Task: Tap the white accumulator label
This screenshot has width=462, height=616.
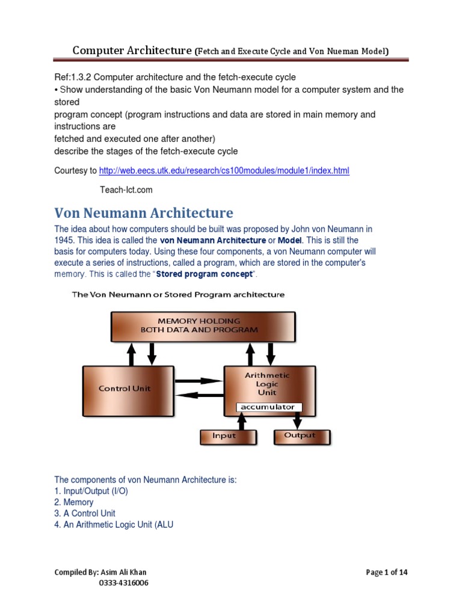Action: [268, 407]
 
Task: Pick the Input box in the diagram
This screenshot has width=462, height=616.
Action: [225, 436]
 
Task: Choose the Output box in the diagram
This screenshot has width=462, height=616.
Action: [300, 436]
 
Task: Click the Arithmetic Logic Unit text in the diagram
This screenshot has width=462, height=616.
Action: [267, 383]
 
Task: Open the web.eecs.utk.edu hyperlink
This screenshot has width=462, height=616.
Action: [224, 171]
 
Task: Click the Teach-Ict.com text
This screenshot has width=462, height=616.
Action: [126, 190]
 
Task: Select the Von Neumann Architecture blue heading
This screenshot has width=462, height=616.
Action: [144, 213]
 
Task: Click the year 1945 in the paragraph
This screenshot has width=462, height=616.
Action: [65, 240]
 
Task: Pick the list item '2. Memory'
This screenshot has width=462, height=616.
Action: [74, 502]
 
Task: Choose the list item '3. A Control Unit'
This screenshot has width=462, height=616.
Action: [85, 514]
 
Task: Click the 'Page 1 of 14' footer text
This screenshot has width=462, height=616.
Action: [387, 572]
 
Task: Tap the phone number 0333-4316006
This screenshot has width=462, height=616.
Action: [124, 583]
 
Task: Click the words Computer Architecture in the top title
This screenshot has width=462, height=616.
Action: [132, 51]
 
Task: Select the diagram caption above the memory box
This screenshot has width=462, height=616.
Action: [178, 295]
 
